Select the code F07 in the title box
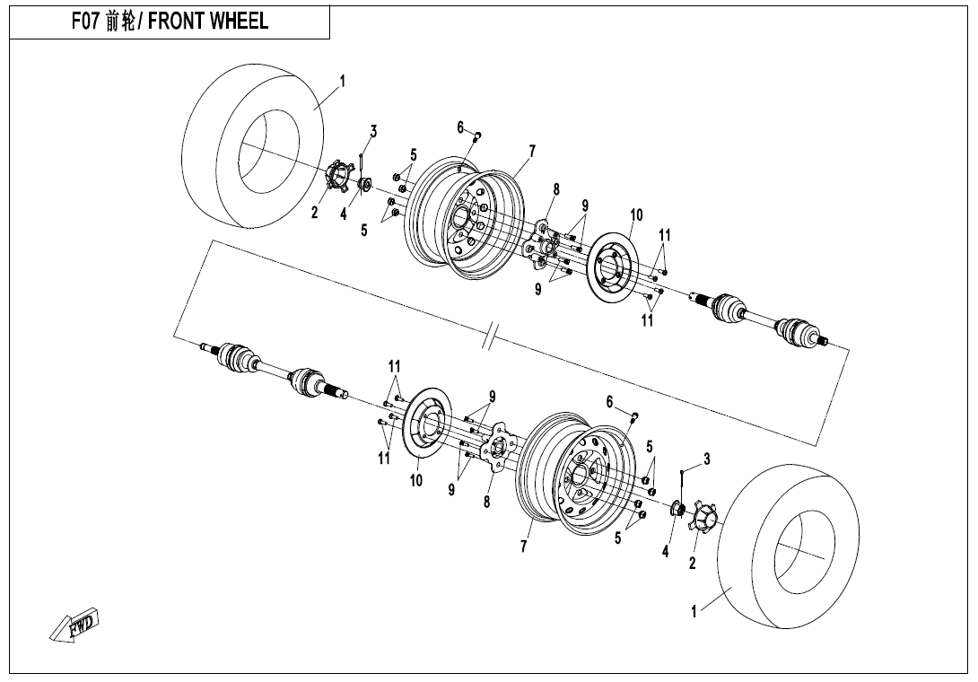pyautogui.click(x=88, y=22)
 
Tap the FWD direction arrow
pyautogui.click(x=76, y=625)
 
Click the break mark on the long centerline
pyautogui.click(x=490, y=339)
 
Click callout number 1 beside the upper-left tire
pyautogui.click(x=343, y=82)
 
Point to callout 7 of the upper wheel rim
pyautogui.click(x=532, y=151)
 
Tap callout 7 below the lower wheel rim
pyautogui.click(x=525, y=546)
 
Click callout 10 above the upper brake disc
pyautogui.click(x=636, y=214)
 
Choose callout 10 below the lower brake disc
pyautogui.click(x=416, y=480)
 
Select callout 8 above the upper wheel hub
pyautogui.click(x=556, y=189)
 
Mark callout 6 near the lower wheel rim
pyautogui.click(x=610, y=401)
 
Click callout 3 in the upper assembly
pyautogui.click(x=373, y=131)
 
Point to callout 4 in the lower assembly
pyautogui.click(x=666, y=551)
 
